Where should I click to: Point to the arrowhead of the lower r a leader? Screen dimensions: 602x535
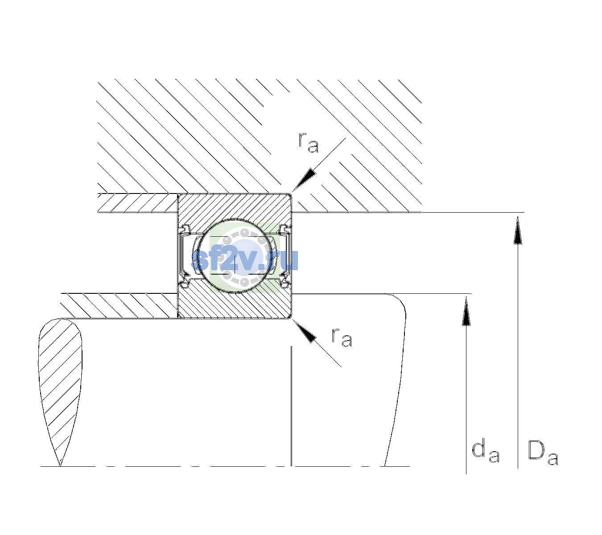(x=304, y=331)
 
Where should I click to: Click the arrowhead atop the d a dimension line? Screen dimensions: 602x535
(x=466, y=311)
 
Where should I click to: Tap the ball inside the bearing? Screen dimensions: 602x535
(x=235, y=256)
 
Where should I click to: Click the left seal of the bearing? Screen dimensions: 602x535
(x=185, y=256)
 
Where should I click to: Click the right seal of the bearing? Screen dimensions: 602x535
(x=285, y=256)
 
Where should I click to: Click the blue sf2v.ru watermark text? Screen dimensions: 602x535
(x=244, y=260)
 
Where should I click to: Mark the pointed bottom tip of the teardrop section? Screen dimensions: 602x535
(x=60, y=466)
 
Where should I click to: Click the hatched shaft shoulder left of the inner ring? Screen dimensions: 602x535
(x=119, y=306)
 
